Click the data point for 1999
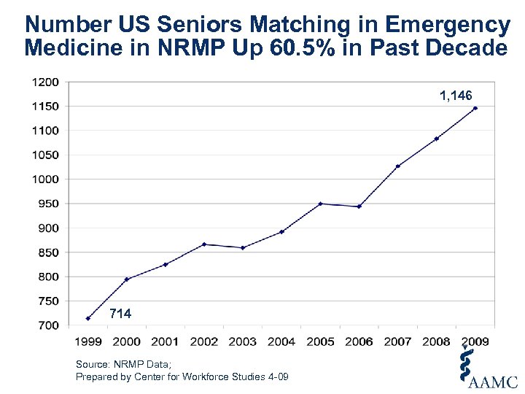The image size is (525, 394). click(x=88, y=318)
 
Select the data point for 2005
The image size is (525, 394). click(x=320, y=204)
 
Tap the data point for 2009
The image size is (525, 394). click(x=475, y=108)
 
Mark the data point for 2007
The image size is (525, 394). click(x=398, y=166)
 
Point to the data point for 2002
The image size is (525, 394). click(x=204, y=244)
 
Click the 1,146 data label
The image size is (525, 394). click(x=456, y=96)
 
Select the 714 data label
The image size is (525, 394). click(x=120, y=314)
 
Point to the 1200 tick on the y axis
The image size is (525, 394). click(x=45, y=82)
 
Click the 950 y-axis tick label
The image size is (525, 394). click(x=48, y=204)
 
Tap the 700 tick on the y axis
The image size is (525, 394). click(x=48, y=325)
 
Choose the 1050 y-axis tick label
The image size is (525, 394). click(x=45, y=155)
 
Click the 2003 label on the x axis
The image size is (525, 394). click(x=243, y=341)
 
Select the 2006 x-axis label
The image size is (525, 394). click(x=359, y=341)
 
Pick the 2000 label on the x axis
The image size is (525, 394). click(x=127, y=341)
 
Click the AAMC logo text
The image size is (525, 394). click(x=494, y=382)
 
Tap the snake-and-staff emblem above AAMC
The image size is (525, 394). click(x=464, y=363)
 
